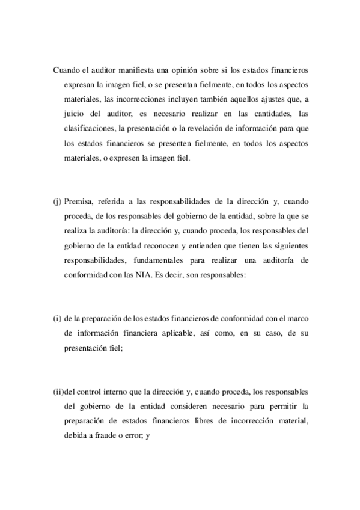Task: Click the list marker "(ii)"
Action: pyautogui.click(x=58, y=392)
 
